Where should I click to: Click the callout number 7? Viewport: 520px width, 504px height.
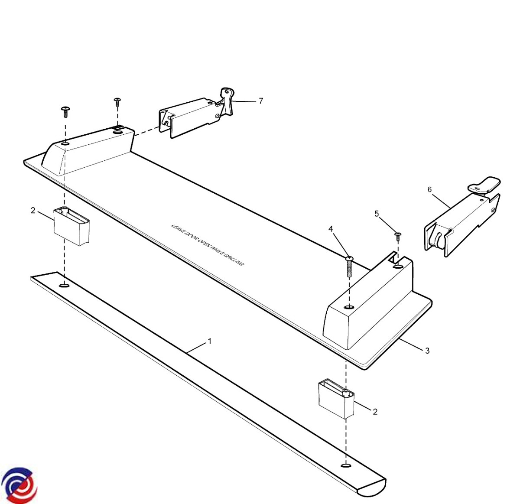(261, 101)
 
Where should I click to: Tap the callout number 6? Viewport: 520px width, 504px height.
(429, 189)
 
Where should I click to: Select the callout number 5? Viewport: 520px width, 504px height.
(377, 214)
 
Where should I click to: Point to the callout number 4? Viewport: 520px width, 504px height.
(331, 229)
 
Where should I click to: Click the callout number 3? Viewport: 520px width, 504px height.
(427, 351)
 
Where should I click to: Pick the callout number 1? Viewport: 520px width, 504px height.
(210, 341)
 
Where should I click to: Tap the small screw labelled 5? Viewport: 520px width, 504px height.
(398, 237)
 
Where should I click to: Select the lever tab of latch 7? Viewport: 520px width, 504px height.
(227, 101)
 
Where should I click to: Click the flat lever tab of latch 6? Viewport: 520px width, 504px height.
(484, 184)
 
